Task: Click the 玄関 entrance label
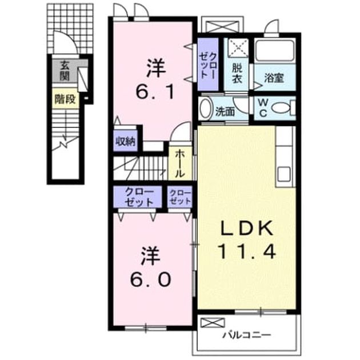pos(65,71)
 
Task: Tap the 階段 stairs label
pos(65,99)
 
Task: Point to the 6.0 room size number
pos(151,279)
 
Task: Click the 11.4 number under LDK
pos(247,251)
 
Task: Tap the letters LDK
pos(247,228)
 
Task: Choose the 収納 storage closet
pos(125,141)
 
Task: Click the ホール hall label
pos(180,163)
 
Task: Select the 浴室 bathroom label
pos(274,78)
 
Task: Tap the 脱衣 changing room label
pos(237,73)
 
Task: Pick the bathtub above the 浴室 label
pos(275,51)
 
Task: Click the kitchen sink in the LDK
pos(284,174)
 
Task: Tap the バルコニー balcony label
pos(247,335)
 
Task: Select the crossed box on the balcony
pos(213,323)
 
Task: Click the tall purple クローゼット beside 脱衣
pos(208,64)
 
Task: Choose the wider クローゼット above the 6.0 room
pos(138,198)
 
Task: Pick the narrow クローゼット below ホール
pos(179,198)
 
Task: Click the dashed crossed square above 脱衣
pos(239,47)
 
